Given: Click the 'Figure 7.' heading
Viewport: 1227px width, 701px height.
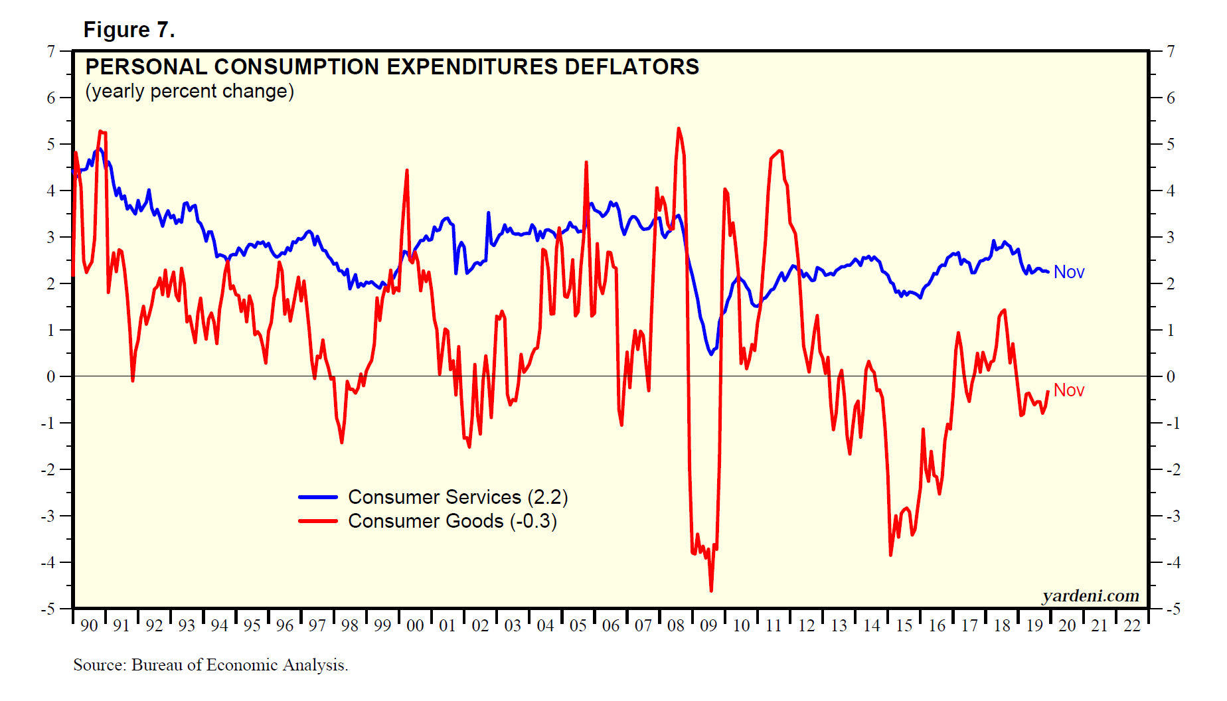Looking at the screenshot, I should tap(129, 30).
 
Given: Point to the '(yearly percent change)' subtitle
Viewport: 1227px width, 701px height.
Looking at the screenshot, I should tap(189, 91).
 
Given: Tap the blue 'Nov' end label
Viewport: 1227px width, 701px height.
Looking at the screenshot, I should tap(1068, 272).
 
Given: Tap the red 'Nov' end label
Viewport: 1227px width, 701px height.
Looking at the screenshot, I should tap(1068, 390).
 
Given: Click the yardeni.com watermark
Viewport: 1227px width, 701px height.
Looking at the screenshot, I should tap(1090, 595).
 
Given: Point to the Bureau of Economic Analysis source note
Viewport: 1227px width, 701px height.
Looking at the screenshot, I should tap(210, 664).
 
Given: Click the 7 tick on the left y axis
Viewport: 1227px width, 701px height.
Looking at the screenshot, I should tap(51, 51).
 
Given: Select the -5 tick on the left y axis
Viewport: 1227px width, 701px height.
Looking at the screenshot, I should tap(48, 609).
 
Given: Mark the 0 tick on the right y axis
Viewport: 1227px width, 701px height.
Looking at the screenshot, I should tap(1171, 376).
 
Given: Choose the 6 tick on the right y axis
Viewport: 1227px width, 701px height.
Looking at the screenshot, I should tap(1171, 98).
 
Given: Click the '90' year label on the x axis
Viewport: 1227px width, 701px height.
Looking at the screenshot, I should tap(89, 625).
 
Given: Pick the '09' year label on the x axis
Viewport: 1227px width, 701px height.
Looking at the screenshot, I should tap(708, 625).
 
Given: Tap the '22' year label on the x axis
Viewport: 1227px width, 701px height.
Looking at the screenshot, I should tap(1132, 625).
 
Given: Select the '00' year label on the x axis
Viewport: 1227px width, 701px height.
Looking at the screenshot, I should tap(415, 625).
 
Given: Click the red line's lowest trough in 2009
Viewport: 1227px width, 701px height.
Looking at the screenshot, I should tap(711, 590).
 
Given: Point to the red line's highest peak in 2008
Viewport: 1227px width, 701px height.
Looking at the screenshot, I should tap(679, 128).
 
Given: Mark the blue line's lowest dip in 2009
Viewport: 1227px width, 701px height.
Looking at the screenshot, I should tap(711, 354).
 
